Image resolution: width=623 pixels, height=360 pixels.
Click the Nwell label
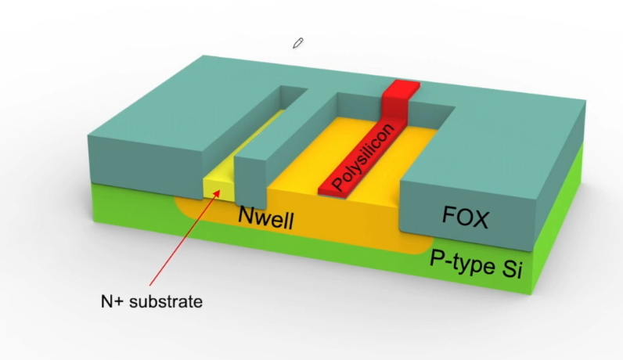click(x=266, y=218)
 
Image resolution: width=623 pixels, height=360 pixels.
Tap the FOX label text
click(x=465, y=217)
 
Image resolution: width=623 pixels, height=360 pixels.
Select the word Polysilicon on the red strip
click(x=364, y=157)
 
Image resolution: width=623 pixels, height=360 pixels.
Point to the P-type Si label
click(x=476, y=265)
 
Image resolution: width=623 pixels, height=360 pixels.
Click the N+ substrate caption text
click(x=152, y=301)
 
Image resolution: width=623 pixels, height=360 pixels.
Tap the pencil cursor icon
click(x=298, y=43)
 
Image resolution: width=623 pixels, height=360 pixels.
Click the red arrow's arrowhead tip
click(x=220, y=190)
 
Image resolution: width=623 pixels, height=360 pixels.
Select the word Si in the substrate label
click(x=512, y=270)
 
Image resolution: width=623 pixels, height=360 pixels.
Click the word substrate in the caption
click(x=166, y=301)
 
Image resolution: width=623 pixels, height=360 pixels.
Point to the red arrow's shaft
click(x=185, y=238)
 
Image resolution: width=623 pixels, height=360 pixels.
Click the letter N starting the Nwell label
click(x=246, y=214)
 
